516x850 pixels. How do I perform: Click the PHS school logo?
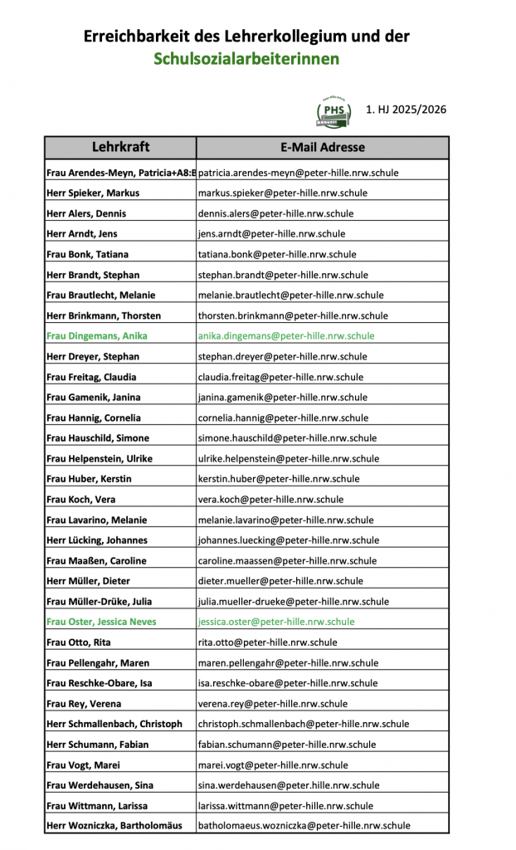pos(333,110)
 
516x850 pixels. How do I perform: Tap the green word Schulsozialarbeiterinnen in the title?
pos(246,59)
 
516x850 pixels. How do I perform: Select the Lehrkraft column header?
pos(120,147)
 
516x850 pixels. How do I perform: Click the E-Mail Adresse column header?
pos(323,147)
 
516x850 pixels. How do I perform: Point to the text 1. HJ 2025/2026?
pos(406,109)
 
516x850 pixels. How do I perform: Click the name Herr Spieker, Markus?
pos(93,193)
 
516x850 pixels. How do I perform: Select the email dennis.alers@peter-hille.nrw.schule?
pos(280,213)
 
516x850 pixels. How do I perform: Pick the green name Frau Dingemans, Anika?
pos(97,336)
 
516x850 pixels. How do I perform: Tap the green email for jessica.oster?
pos(276,622)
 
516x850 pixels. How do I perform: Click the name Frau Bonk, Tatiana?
pos(87,254)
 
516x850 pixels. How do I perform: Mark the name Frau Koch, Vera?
pos(81,500)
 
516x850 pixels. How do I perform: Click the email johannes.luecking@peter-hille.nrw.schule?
pos(289,540)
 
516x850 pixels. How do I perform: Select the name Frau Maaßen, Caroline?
pos(97,560)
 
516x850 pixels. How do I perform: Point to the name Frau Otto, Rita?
pos(80,642)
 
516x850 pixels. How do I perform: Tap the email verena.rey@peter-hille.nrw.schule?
pos(273,704)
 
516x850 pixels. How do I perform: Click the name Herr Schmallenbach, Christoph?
pos(114,724)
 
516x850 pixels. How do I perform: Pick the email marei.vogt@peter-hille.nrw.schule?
pos(273,765)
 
